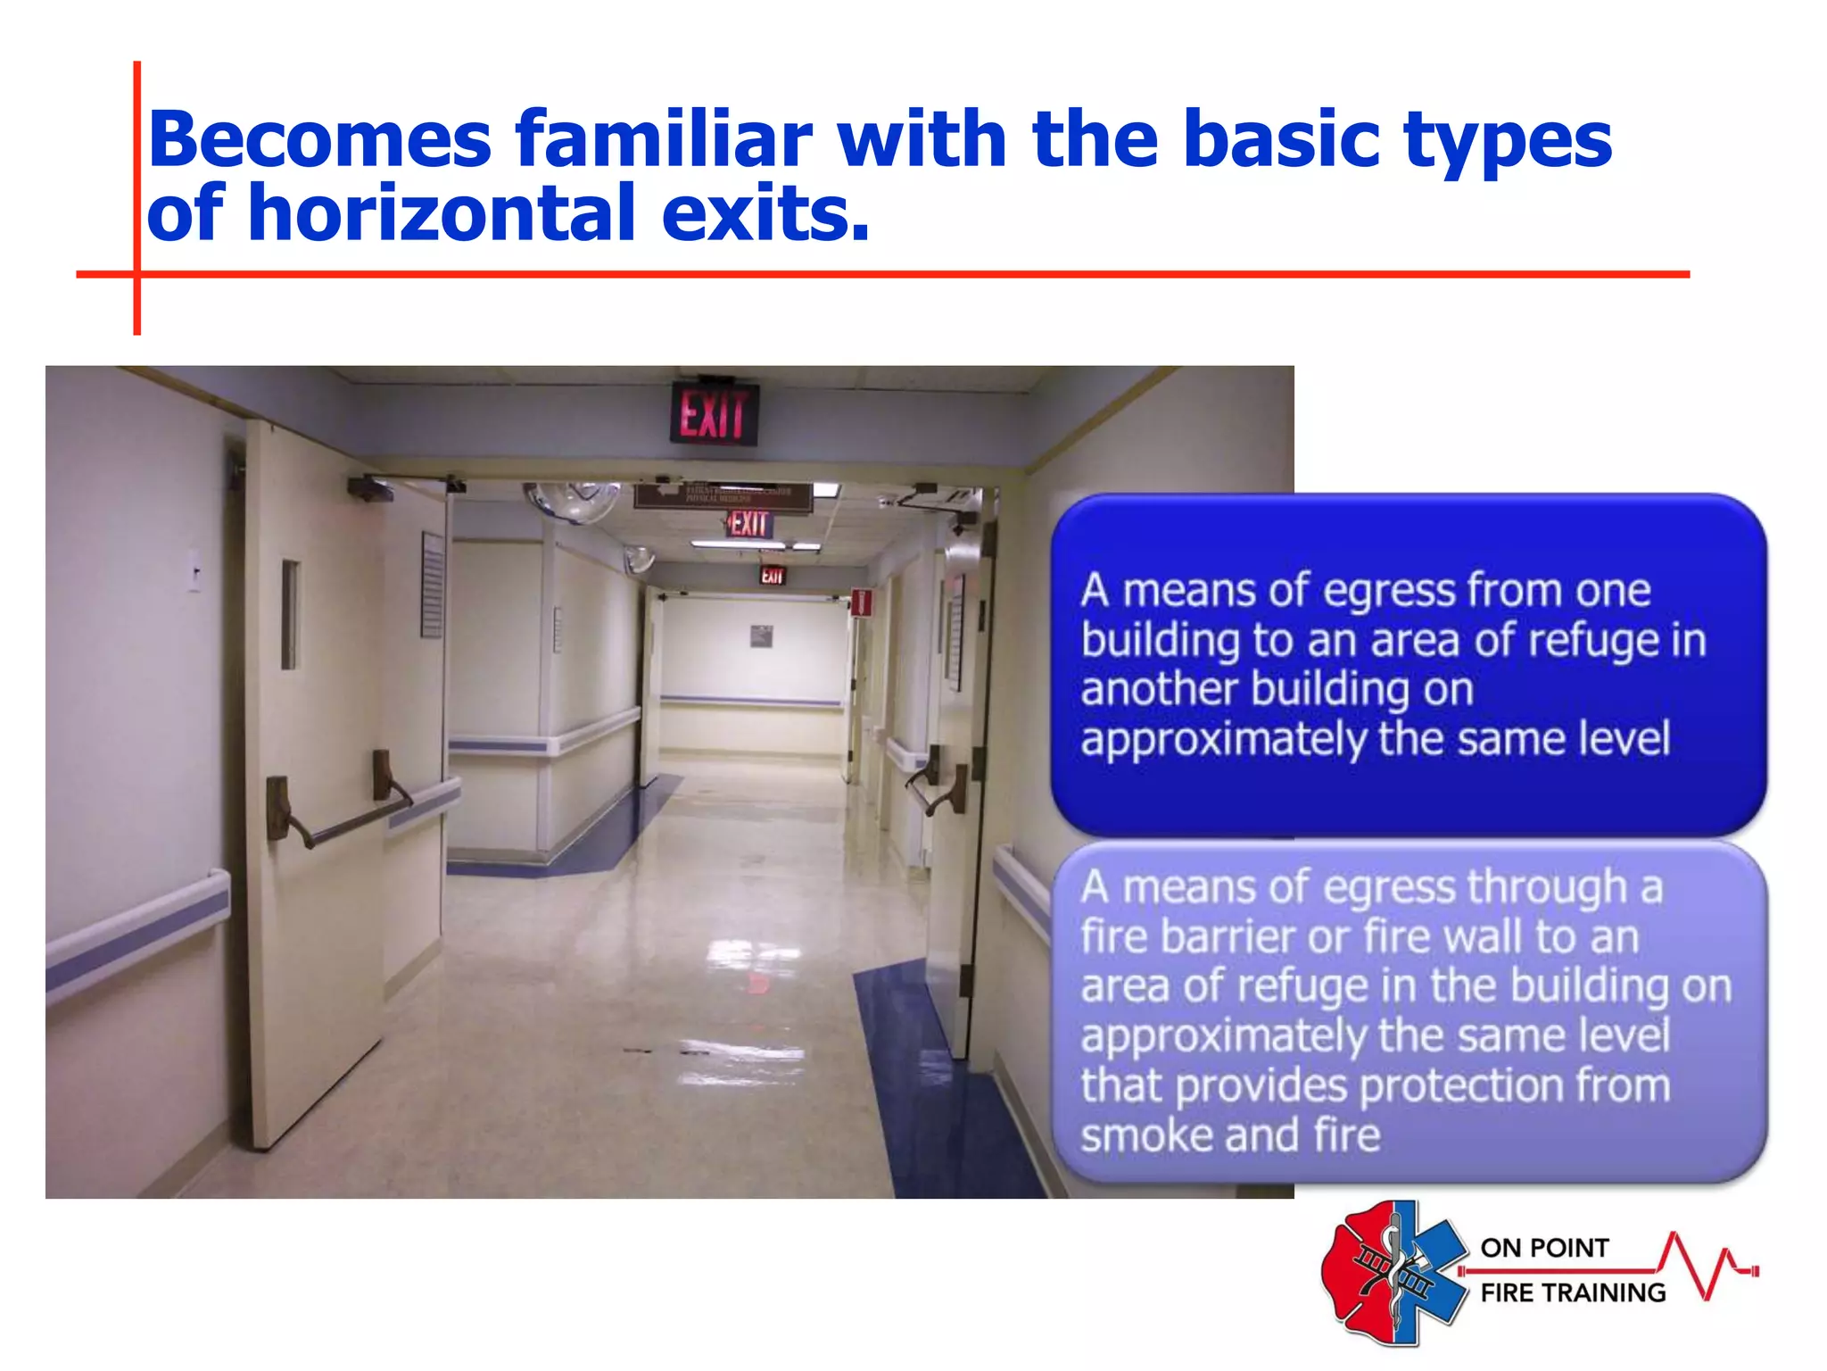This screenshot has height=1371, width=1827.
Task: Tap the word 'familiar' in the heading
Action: [x=663, y=140]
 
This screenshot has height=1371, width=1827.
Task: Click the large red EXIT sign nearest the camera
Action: [x=713, y=414]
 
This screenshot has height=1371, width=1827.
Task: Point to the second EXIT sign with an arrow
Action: [x=748, y=524]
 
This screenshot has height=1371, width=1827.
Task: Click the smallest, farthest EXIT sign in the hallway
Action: [x=772, y=576]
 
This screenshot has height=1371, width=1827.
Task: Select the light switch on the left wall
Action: [x=194, y=569]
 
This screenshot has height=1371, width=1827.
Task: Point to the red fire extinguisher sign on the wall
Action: [x=860, y=602]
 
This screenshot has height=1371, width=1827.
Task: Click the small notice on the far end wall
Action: [x=760, y=636]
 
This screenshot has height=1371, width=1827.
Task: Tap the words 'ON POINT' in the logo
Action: [x=1544, y=1248]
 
